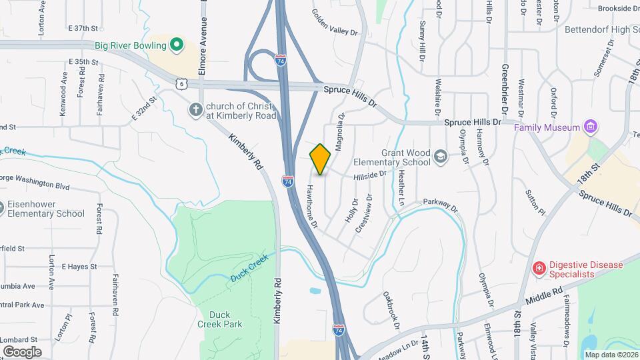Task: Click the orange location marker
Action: (321, 159)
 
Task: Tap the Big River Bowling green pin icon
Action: (177, 45)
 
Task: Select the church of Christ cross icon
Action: (195, 109)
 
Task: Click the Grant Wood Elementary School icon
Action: (439, 156)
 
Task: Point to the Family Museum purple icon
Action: (589, 126)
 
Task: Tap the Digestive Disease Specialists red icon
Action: (539, 268)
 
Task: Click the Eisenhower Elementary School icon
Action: (0, 209)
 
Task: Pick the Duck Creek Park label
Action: (219, 319)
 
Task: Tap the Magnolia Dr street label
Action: (339, 132)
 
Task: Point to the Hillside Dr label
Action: (370, 175)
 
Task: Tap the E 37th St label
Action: (83, 29)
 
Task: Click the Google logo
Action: (22, 351)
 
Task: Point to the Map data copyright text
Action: (610, 354)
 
